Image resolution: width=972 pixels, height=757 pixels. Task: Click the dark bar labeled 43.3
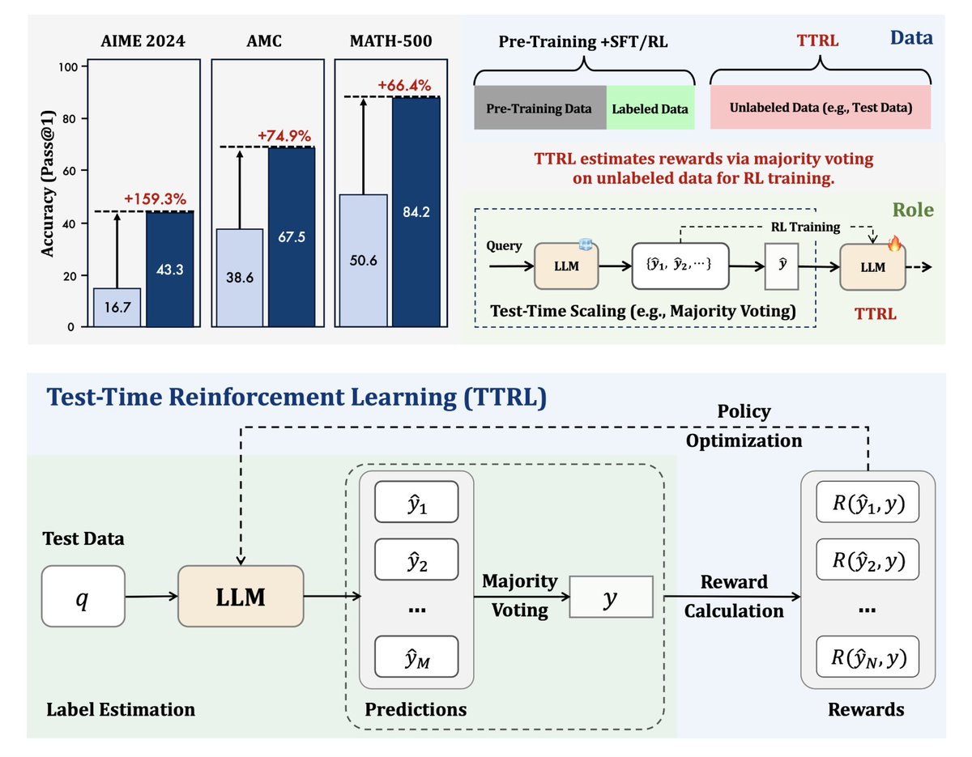(170, 269)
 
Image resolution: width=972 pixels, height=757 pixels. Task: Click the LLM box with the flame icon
(872, 267)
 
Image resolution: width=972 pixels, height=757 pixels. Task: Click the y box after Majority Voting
(611, 600)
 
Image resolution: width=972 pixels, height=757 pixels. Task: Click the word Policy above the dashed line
(744, 412)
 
